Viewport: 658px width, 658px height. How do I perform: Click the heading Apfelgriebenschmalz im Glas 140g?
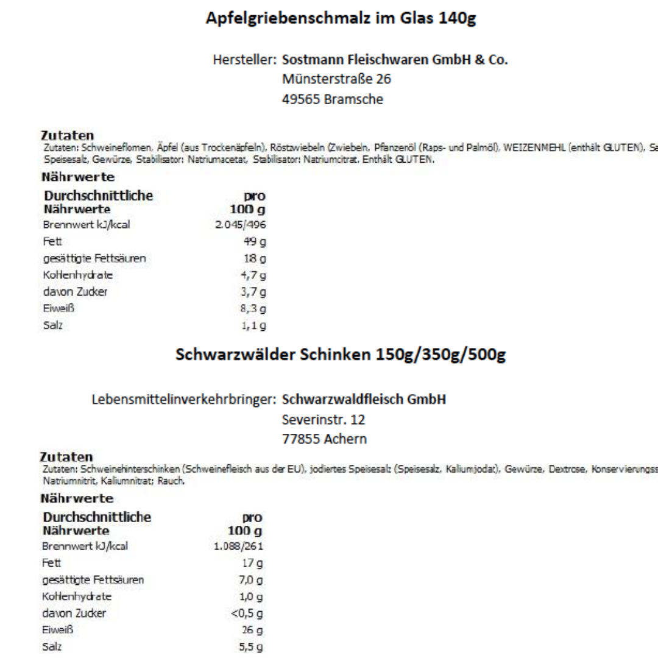coord(341,19)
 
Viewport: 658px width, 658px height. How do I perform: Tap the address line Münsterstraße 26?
coord(337,79)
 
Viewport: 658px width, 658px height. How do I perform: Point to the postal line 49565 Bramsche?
coord(333,99)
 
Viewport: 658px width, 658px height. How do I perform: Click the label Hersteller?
coord(245,61)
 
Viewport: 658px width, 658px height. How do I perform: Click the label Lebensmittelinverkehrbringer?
coord(185,400)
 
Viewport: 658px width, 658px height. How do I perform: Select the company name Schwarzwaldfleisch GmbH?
coord(364,400)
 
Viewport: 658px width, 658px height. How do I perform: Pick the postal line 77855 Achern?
coord(325,438)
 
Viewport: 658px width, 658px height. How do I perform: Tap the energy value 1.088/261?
coord(244,546)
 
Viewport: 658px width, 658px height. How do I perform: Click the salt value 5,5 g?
coord(254,647)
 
